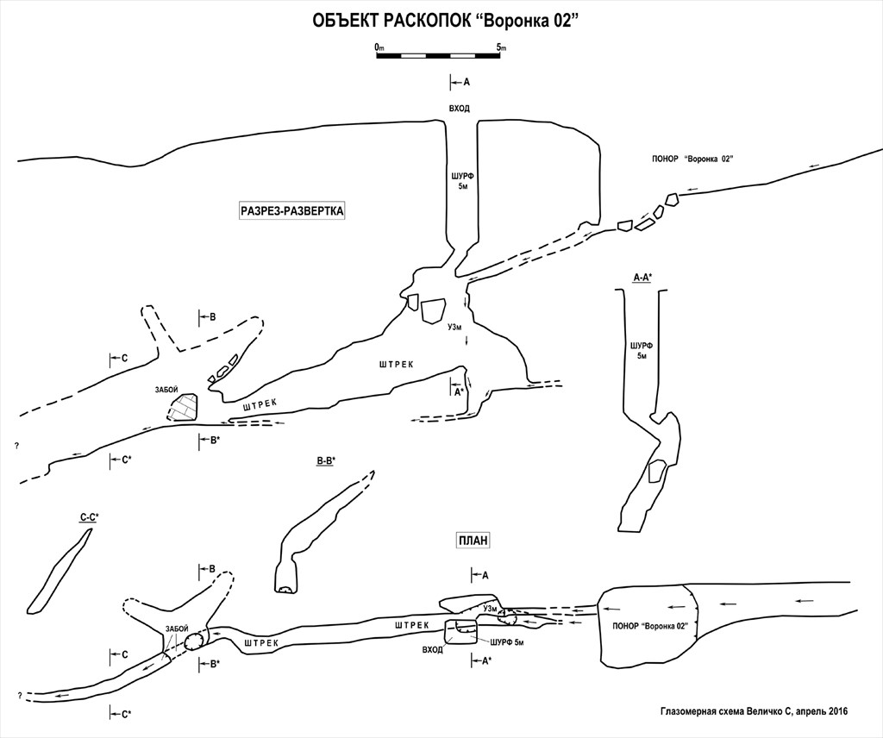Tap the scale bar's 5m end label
tap(501, 47)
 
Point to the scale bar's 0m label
tap(379, 47)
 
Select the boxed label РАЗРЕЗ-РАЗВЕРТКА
tap(292, 210)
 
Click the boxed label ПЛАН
tap(473, 541)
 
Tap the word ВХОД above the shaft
tap(460, 108)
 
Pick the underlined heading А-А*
tap(642, 277)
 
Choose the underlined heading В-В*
tap(325, 461)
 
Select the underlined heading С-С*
tap(89, 516)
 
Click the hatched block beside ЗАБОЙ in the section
tap(183, 408)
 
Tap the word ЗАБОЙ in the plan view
tap(176, 629)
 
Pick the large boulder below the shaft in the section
tap(432, 310)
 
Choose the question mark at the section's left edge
tap(16, 446)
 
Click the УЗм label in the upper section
tap(457, 327)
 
